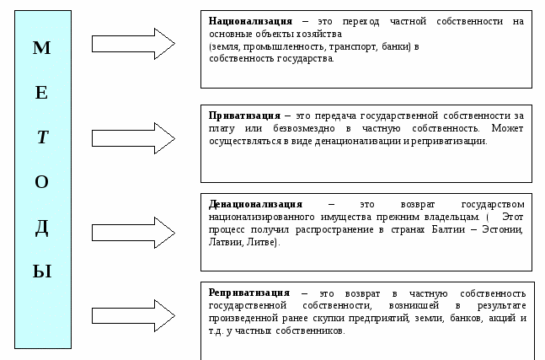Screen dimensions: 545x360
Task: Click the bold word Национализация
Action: pyautogui.click(x=250, y=22)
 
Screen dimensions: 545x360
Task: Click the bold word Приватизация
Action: pyautogui.click(x=244, y=116)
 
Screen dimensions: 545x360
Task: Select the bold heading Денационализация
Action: pyautogui.click(x=255, y=204)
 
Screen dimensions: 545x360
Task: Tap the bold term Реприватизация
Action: pyautogui.click(x=248, y=293)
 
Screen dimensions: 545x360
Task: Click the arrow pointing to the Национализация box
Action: pyautogui.click(x=133, y=44)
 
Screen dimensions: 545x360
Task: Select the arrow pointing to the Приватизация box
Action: pyautogui.click(x=133, y=138)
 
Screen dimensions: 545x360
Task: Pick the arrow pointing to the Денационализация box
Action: pyautogui.click(x=133, y=233)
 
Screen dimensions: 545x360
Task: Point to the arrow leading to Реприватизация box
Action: pyautogui.click(x=133, y=316)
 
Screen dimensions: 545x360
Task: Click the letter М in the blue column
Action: pyautogui.click(x=42, y=48)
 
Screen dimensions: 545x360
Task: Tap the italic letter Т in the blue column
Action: pyautogui.click(x=42, y=137)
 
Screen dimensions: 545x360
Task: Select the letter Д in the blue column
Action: pyautogui.click(x=42, y=228)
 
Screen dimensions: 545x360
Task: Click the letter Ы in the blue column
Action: pyautogui.click(x=42, y=271)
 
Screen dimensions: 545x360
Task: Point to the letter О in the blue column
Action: pyautogui.click(x=42, y=182)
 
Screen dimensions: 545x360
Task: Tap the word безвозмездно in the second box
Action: pyautogui.click(x=304, y=129)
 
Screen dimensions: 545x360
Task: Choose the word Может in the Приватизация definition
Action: pyautogui.click(x=507, y=128)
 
